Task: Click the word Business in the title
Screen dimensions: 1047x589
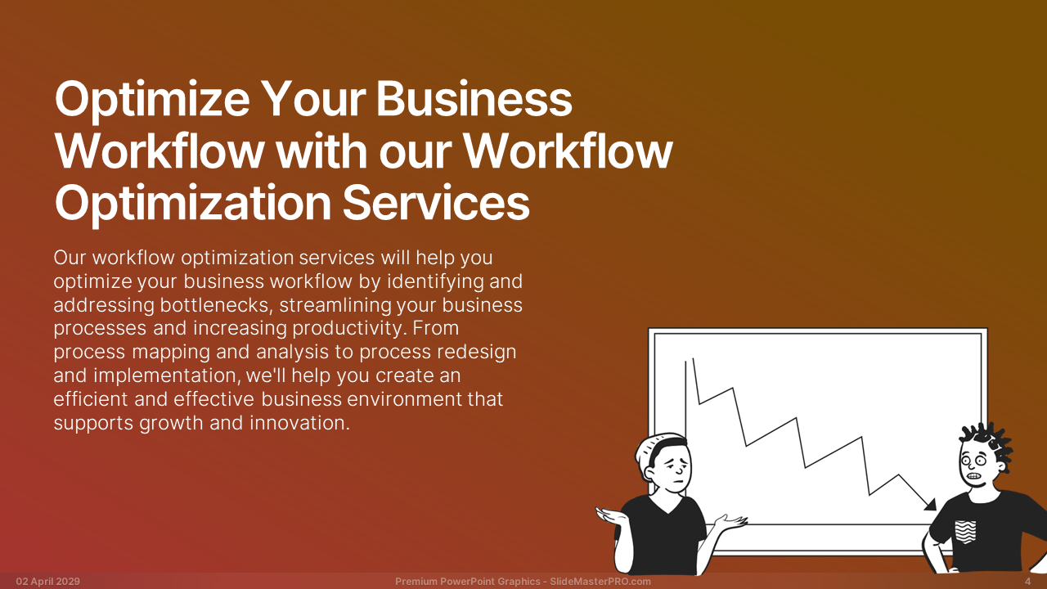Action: click(474, 99)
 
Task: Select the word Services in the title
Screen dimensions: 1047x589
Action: click(436, 202)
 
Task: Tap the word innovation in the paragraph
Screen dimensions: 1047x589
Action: click(299, 423)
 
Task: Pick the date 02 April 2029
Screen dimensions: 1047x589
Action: click(48, 582)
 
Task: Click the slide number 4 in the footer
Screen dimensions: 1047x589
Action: click(1028, 582)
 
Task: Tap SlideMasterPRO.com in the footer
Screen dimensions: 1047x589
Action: click(600, 582)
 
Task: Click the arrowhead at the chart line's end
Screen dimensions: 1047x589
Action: click(930, 505)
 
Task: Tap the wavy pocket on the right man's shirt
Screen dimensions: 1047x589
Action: click(966, 532)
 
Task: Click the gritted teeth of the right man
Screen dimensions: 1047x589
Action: click(974, 476)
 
